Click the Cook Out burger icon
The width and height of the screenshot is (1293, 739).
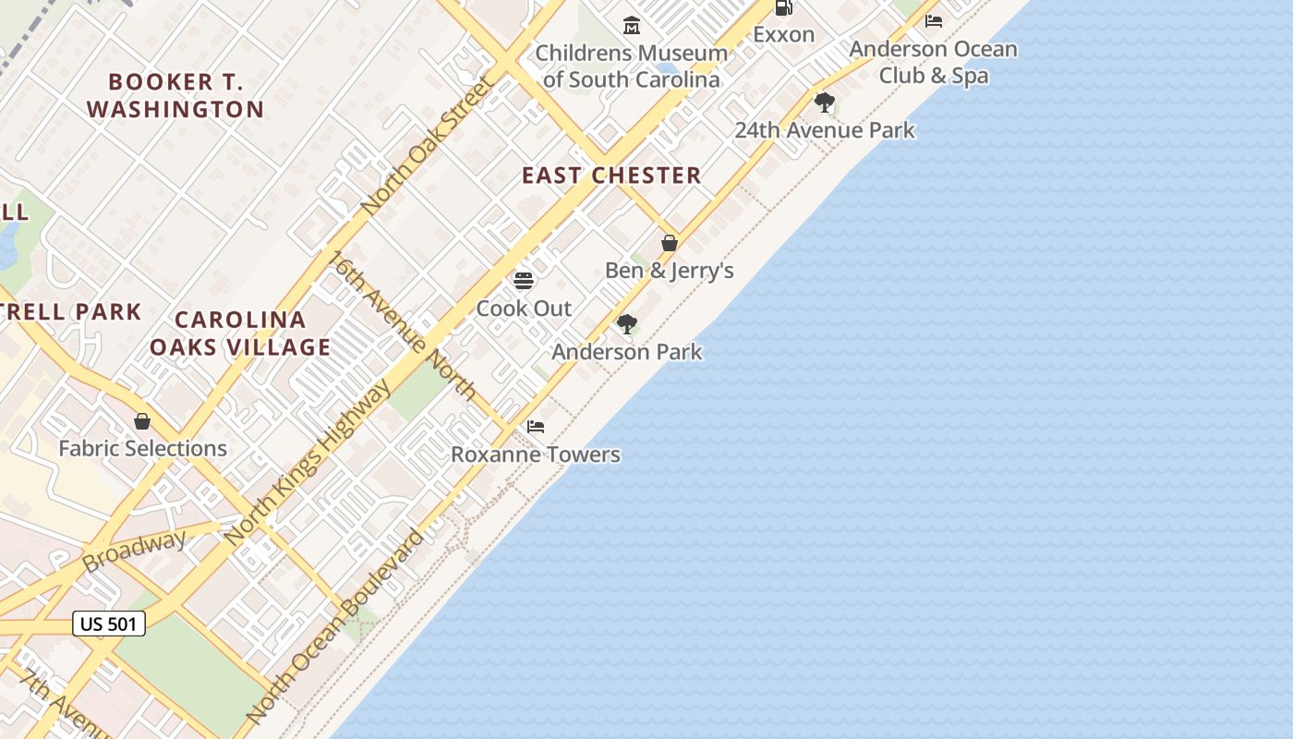pos(524,280)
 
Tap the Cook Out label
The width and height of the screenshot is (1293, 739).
pos(524,309)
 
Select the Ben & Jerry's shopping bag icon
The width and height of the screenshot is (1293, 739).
pos(670,243)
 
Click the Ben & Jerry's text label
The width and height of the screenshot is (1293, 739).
pos(670,271)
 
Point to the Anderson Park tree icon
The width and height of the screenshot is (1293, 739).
pos(627,324)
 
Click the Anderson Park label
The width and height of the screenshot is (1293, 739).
pos(627,352)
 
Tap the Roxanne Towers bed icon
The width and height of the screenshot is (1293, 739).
pos(536,427)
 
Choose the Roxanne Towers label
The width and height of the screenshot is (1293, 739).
pos(536,454)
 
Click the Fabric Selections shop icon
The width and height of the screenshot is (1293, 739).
pos(142,421)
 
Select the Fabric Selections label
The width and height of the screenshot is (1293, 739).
pos(142,449)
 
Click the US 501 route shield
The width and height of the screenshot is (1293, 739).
pos(109,624)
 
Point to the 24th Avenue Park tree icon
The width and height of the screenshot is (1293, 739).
pos(825,103)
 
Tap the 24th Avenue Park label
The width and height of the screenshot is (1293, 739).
pos(825,130)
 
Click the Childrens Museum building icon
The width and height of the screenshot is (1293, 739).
pos(632,25)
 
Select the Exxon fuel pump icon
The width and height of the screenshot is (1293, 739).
pos(783,7)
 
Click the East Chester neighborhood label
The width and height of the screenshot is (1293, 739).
pos(611,176)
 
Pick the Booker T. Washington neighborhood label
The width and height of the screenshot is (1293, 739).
pos(175,95)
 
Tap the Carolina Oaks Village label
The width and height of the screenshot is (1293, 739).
pos(240,333)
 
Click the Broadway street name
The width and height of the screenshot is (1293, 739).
pos(134,551)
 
